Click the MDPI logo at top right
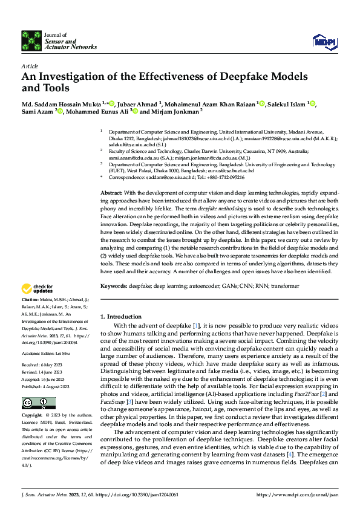pos(324,41)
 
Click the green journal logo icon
pos(31,41)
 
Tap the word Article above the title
pos(30,66)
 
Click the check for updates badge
pos(38,288)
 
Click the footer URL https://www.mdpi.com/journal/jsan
pos(297,494)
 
